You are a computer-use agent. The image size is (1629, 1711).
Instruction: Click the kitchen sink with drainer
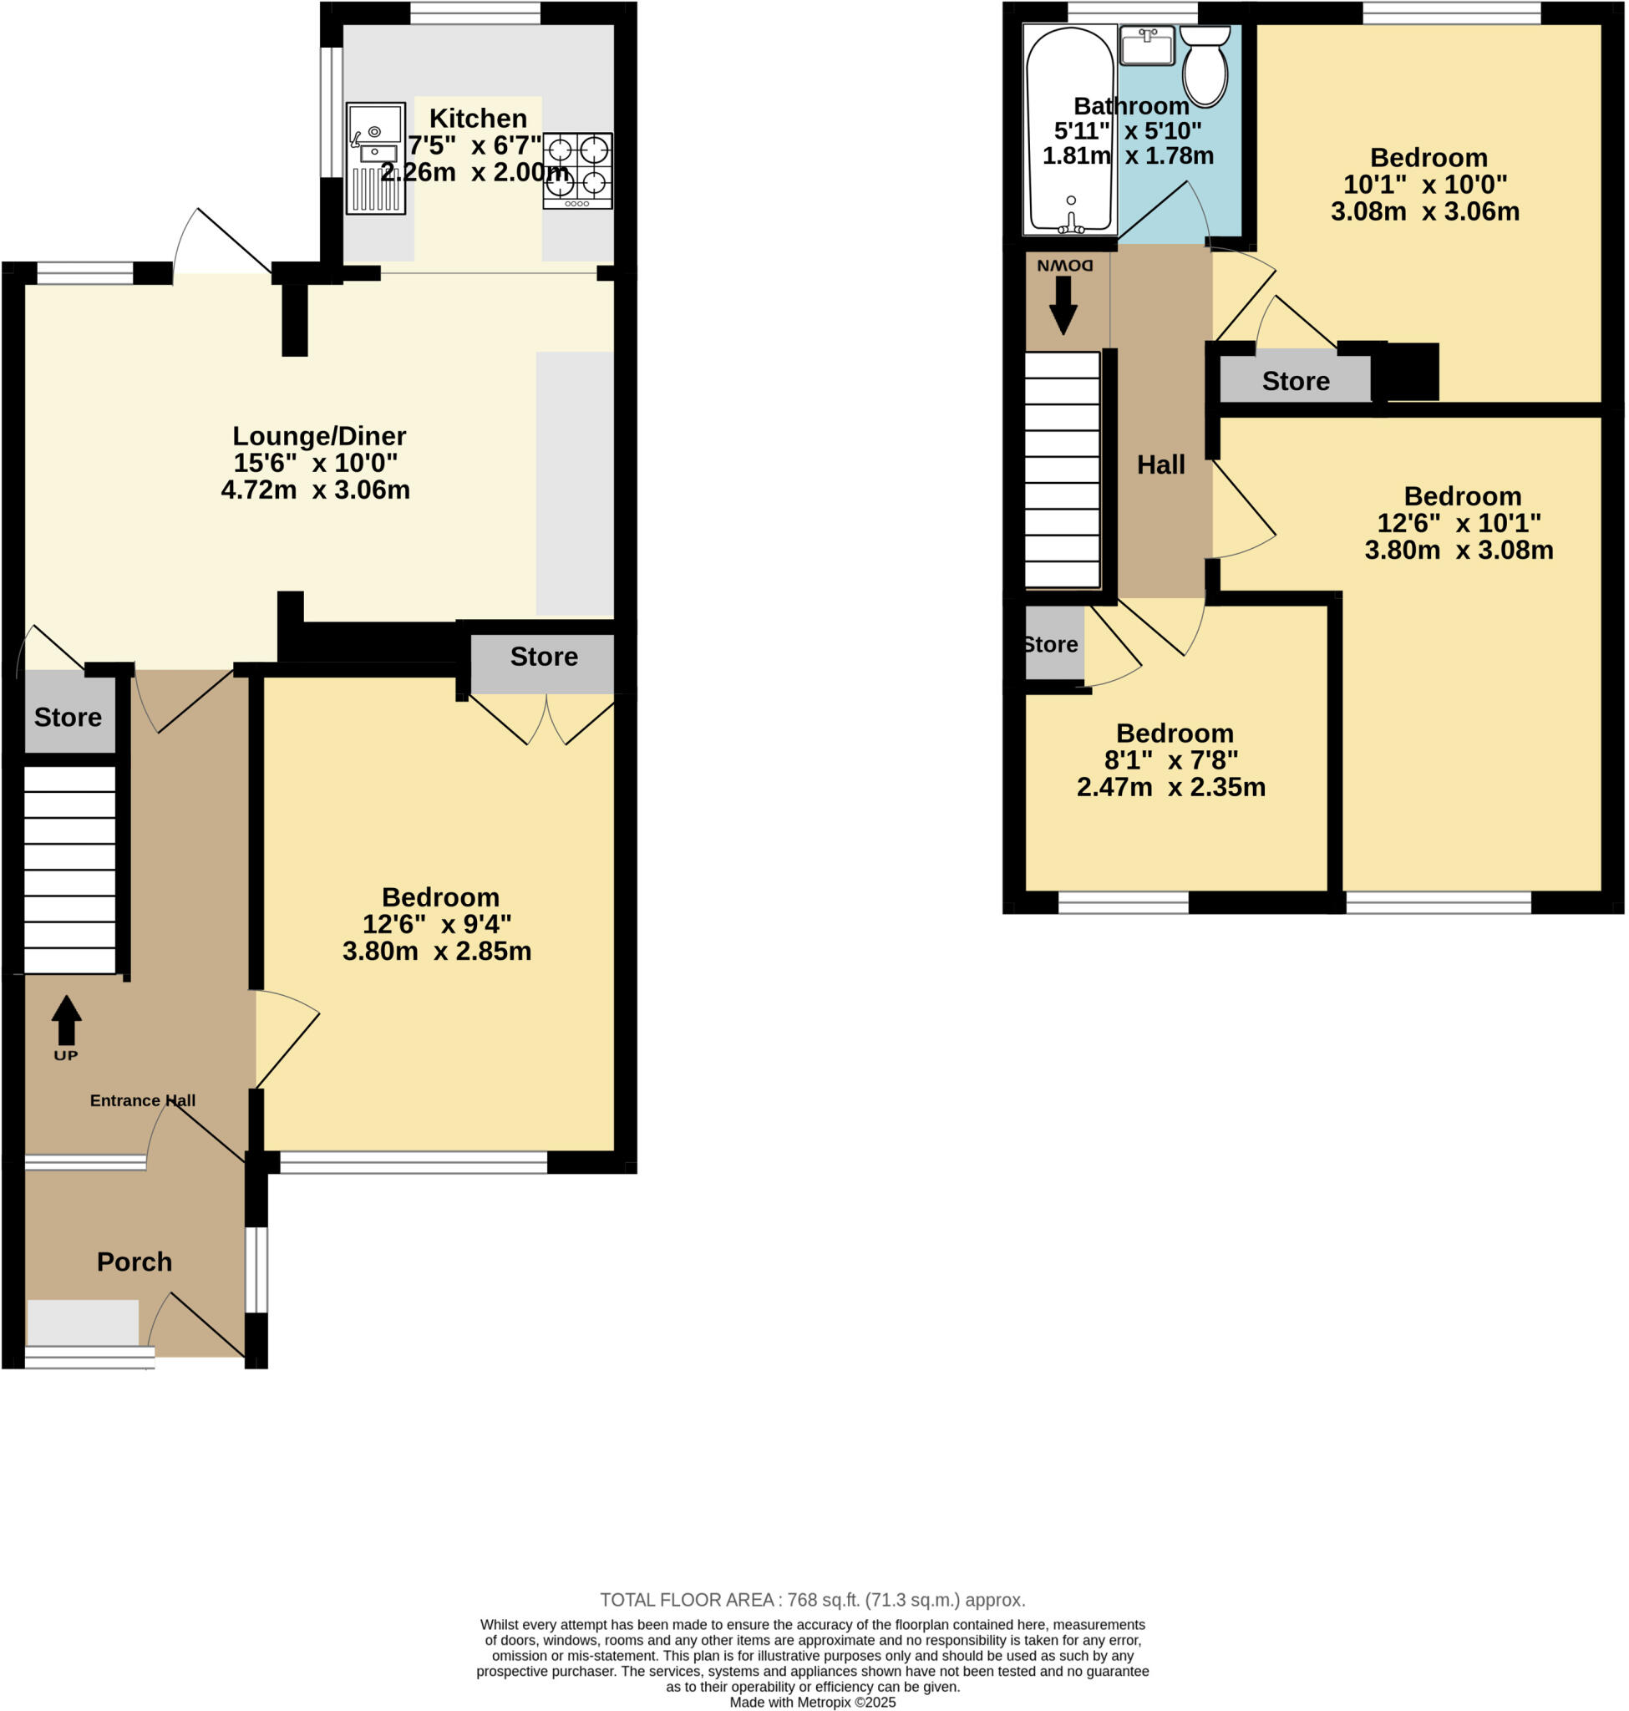375,158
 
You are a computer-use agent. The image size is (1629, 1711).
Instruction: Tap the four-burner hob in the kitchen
577,170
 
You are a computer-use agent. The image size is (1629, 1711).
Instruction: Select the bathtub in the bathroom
1070,130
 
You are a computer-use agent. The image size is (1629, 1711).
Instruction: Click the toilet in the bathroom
1205,65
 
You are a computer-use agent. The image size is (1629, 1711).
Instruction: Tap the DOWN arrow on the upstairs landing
1063,305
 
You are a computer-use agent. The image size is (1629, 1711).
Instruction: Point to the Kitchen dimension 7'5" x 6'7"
475,145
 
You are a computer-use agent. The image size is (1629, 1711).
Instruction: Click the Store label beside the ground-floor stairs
68,718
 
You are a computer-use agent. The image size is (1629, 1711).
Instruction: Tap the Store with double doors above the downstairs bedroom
544,657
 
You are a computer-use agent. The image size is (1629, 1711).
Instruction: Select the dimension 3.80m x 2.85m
437,951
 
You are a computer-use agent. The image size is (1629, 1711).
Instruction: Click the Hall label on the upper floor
1161,465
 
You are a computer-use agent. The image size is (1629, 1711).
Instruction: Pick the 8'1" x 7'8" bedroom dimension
1170,760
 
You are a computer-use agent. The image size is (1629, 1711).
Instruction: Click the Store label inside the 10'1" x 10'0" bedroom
1296,381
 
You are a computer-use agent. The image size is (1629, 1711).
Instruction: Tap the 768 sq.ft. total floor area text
813,1600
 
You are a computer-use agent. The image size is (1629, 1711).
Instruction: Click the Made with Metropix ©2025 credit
813,1703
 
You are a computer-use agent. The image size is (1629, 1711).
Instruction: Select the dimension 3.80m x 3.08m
1459,550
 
